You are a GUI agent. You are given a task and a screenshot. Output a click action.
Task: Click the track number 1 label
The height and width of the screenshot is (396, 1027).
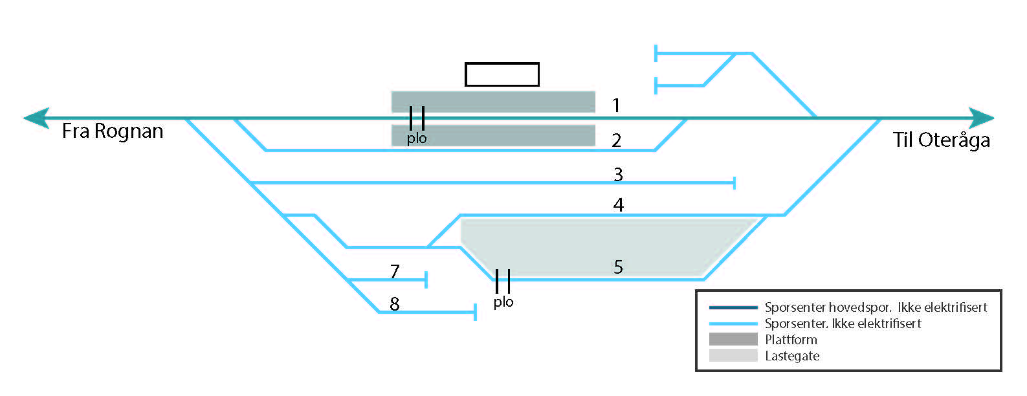coord(616,105)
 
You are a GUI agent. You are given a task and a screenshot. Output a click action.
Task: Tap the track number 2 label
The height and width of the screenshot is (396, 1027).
coord(616,140)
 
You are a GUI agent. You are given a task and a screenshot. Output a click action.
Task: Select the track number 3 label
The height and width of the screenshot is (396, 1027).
coord(618,174)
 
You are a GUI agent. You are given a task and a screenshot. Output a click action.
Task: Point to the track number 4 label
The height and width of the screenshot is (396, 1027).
coord(619,205)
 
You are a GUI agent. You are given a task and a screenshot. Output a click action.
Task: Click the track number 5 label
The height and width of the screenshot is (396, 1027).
coord(618,267)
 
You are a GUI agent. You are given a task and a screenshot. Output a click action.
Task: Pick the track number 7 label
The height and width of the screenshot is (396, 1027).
coord(395,271)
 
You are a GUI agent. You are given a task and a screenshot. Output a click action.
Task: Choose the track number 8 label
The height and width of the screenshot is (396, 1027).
coord(395,303)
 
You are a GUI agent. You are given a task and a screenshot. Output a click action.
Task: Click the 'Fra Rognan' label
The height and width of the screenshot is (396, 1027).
coord(113,131)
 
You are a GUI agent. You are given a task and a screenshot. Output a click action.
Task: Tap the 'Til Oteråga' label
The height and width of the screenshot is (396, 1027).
coord(942,140)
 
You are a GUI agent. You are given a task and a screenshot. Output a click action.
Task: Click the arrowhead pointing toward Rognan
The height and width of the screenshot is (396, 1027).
coord(36,118)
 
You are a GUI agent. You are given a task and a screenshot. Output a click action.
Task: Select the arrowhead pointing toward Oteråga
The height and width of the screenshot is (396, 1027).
coord(981,118)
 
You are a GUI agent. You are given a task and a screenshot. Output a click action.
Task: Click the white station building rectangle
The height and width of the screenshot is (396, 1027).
coord(502,74)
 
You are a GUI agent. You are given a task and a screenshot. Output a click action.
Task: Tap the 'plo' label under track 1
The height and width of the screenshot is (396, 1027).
coord(417,138)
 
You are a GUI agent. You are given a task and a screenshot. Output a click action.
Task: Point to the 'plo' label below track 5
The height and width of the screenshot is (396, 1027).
coord(503,302)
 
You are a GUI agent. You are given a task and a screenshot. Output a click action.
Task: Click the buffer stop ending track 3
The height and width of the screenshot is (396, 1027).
coord(734,182)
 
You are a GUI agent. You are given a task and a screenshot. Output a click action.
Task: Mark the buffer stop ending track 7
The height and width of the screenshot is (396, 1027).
coord(426,280)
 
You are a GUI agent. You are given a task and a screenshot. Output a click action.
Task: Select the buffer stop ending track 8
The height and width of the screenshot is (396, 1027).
coord(476,312)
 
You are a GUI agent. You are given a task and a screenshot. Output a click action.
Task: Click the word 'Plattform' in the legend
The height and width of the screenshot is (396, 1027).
coord(791,340)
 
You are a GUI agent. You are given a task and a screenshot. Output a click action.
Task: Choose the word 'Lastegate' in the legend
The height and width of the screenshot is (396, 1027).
coord(792,356)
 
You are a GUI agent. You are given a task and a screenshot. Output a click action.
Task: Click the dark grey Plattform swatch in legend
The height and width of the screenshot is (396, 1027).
coord(733,339)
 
